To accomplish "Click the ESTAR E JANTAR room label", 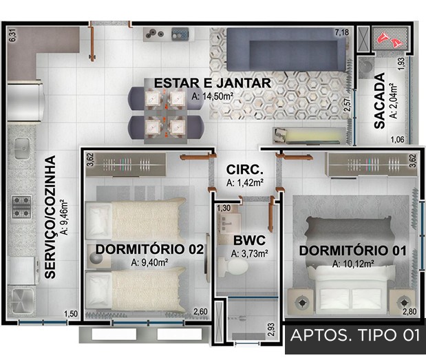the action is (213, 83).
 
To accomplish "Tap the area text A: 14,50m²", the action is (213, 96).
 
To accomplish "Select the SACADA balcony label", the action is (380, 100).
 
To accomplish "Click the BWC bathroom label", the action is (249, 240).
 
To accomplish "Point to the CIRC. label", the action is (245, 170).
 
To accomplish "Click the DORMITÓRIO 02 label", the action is (150, 249).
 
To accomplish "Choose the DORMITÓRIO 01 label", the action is (352, 251).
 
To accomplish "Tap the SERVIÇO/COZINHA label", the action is (50, 217).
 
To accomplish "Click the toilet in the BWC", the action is (233, 266).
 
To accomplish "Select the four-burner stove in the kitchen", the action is (21, 207).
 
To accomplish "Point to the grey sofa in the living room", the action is (286, 50).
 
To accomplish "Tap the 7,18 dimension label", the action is (342, 32).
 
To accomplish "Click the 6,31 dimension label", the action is (13, 35).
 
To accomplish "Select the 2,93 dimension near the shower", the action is (272, 330).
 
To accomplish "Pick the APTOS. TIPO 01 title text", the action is (355, 335).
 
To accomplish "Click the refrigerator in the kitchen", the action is (25, 101).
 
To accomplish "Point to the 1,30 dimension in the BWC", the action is (224, 209).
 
